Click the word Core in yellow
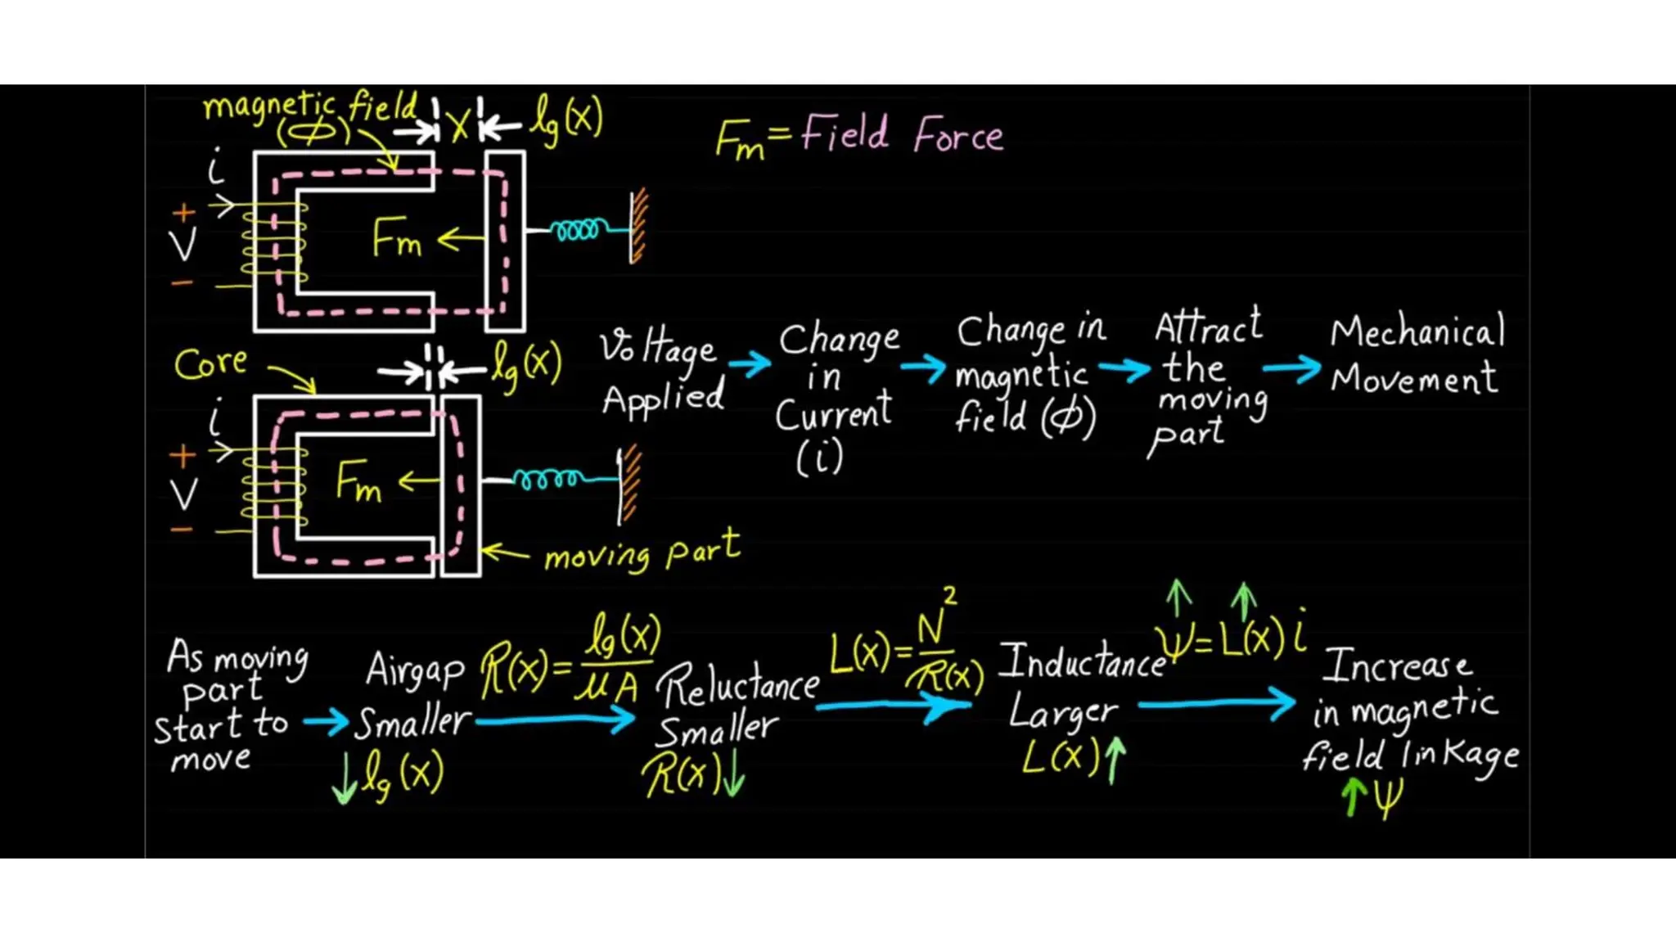click(210, 363)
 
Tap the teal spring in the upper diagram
click(579, 230)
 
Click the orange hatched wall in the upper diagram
click(638, 227)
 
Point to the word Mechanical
click(1417, 332)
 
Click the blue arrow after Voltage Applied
click(750, 363)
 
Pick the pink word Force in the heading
click(958, 135)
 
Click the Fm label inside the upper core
click(397, 238)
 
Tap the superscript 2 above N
click(949, 595)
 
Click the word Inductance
click(1082, 661)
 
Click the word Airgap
click(414, 670)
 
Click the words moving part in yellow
click(642, 553)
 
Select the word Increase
click(1397, 666)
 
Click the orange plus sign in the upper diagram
click(184, 213)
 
